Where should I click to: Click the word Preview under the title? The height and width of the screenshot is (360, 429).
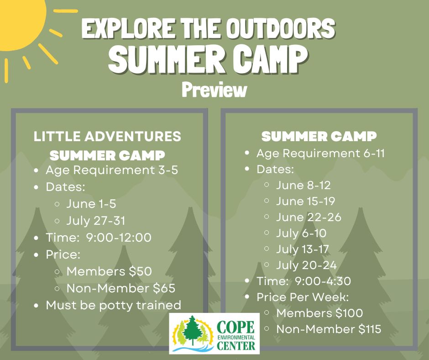pyautogui.click(x=214, y=90)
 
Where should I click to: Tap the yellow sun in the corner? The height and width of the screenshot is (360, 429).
pyautogui.click(x=19, y=22)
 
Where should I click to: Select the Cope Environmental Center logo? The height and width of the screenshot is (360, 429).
pyautogui.click(x=214, y=334)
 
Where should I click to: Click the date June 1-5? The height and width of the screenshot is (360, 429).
pyautogui.click(x=91, y=204)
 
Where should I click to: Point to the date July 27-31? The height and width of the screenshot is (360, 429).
pyautogui.click(x=96, y=221)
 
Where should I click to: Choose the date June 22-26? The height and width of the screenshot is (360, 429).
pyautogui.click(x=309, y=217)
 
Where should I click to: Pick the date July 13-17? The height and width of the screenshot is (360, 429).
pyautogui.click(x=302, y=249)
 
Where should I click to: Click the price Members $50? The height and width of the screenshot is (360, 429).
pyautogui.click(x=109, y=271)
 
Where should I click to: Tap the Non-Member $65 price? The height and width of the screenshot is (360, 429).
pyautogui.click(x=121, y=288)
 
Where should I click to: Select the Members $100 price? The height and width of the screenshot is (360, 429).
pyautogui.click(x=319, y=313)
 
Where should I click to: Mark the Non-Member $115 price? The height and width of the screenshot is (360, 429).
pyautogui.click(x=329, y=329)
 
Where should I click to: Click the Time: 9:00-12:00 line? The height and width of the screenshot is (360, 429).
pyautogui.click(x=99, y=238)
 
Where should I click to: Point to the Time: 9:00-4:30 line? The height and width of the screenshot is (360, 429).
pyautogui.click(x=303, y=281)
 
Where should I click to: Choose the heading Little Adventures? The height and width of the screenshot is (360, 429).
pyautogui.click(x=107, y=137)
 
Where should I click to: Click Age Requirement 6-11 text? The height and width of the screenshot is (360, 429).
pyautogui.click(x=321, y=154)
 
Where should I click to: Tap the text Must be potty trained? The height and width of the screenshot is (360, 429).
pyautogui.click(x=114, y=305)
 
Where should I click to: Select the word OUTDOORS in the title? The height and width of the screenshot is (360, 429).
pyautogui.click(x=282, y=28)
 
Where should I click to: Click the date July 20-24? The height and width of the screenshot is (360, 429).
pyautogui.click(x=306, y=265)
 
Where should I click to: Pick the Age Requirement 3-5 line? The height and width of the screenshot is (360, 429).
pyautogui.click(x=112, y=170)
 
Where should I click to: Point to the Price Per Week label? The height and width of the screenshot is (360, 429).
pyautogui.click(x=303, y=297)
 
